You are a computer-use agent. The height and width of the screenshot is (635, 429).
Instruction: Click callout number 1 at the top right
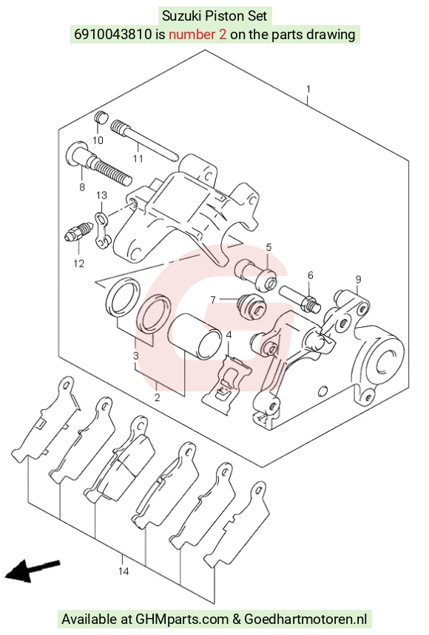[x=308, y=89]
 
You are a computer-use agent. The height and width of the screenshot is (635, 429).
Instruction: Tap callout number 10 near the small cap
[x=98, y=140]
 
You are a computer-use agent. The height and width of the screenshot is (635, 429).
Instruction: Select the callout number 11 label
[x=138, y=158]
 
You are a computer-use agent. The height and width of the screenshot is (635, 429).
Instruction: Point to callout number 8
[x=82, y=187]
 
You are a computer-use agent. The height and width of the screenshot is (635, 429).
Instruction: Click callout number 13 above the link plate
[x=101, y=195]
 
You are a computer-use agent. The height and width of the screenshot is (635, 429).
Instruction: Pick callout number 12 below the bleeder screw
[x=78, y=264]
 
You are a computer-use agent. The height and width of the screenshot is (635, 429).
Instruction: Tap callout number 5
[x=268, y=247]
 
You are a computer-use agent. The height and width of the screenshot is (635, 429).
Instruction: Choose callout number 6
[x=311, y=275]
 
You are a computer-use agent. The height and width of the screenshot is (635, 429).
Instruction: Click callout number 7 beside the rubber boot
[x=213, y=300]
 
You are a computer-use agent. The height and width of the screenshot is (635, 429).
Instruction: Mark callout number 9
[x=358, y=279]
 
